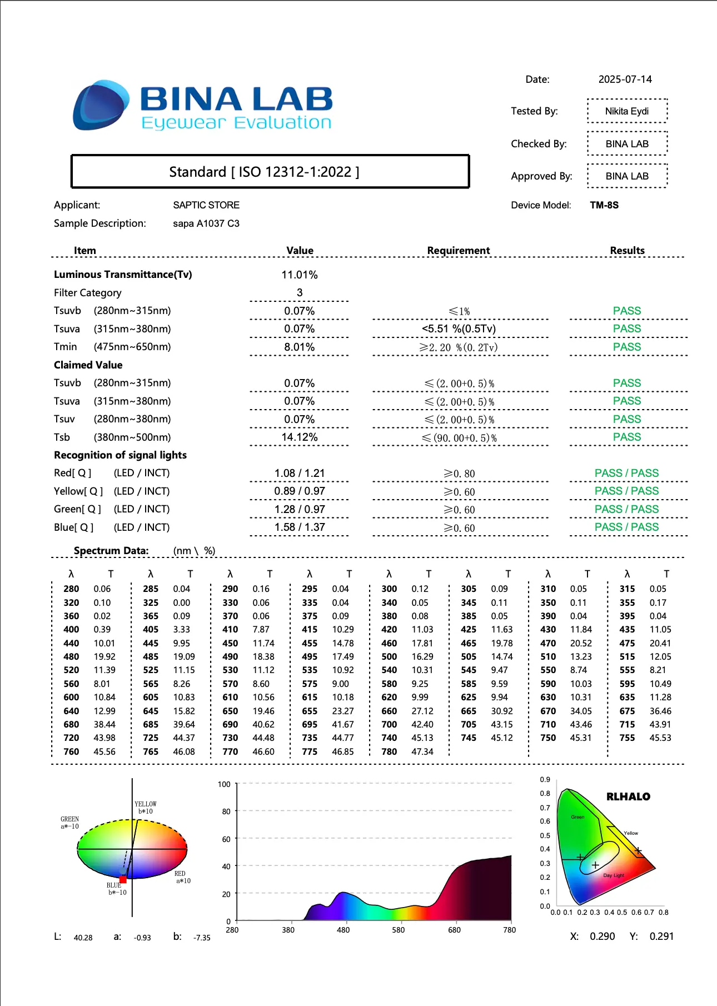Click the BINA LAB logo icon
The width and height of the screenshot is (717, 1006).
(x=101, y=105)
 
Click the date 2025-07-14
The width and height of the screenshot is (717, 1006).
(x=625, y=79)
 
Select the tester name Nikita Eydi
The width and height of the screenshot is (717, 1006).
(x=626, y=111)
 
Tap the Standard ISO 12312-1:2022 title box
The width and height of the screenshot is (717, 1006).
(x=270, y=172)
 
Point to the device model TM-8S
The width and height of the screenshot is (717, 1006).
(x=604, y=205)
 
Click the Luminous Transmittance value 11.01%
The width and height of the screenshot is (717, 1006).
(x=299, y=275)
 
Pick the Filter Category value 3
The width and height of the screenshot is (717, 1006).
(x=300, y=293)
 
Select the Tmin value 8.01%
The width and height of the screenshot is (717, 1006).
(x=299, y=347)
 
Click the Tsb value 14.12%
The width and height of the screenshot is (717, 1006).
(x=299, y=437)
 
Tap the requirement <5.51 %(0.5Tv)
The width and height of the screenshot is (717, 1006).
(x=459, y=329)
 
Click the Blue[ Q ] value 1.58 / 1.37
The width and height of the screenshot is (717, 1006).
(x=299, y=527)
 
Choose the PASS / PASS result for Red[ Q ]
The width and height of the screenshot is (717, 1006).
(x=626, y=474)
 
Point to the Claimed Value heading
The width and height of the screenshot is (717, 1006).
(x=88, y=365)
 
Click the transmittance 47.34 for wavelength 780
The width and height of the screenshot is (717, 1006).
(x=422, y=752)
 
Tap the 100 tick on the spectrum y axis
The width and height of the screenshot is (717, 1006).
(x=224, y=784)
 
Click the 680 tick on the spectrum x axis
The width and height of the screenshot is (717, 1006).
(x=454, y=930)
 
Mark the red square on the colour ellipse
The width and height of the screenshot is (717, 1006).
(x=123, y=880)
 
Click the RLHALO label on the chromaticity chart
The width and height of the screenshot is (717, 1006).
(x=628, y=797)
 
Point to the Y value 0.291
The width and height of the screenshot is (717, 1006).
(x=661, y=937)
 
